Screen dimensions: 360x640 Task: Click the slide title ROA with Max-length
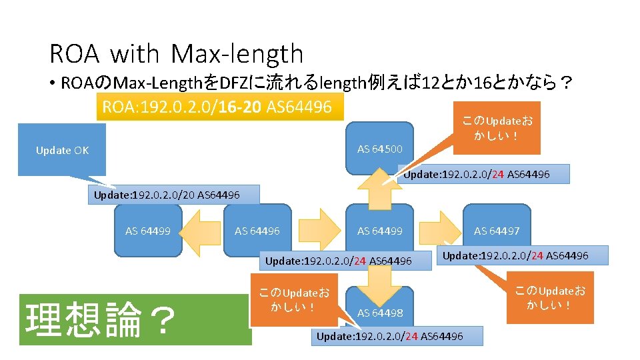[176, 54]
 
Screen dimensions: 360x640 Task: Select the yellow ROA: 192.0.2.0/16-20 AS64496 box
[220, 106]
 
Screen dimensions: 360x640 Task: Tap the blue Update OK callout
[62, 150]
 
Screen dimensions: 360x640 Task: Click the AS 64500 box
[380, 148]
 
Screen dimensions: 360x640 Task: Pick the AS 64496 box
[257, 231]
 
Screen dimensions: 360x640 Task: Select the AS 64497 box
[497, 231]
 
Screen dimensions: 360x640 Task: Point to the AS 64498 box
[380, 312]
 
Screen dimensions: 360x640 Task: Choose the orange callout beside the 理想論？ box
[293, 301]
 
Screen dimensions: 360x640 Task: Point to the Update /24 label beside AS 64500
[485, 174]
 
